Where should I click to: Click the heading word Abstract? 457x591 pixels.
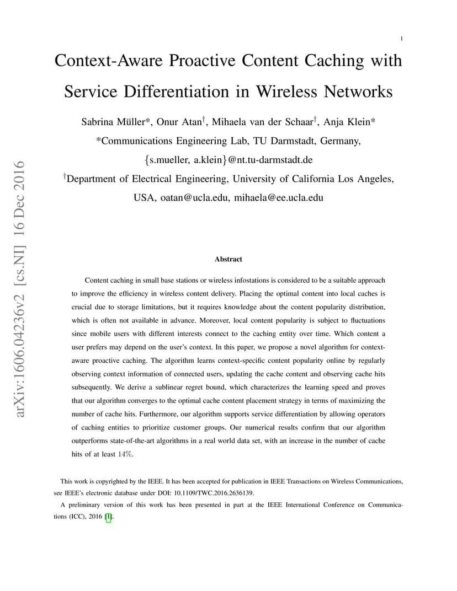[x=228, y=259]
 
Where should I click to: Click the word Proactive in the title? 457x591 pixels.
[x=202, y=61]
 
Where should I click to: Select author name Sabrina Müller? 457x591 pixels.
[x=113, y=122]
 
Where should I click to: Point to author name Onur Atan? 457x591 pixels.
[x=179, y=122]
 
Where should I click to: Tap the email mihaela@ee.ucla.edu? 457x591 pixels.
[x=279, y=197]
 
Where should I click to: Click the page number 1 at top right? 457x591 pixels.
[x=401, y=39]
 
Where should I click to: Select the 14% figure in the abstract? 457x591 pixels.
[x=125, y=454]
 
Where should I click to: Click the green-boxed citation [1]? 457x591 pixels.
[x=108, y=517]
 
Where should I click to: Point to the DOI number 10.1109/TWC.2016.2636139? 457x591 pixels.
[x=213, y=493]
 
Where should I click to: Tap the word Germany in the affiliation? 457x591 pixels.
[x=339, y=141]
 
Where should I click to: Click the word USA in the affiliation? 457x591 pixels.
[x=144, y=197]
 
